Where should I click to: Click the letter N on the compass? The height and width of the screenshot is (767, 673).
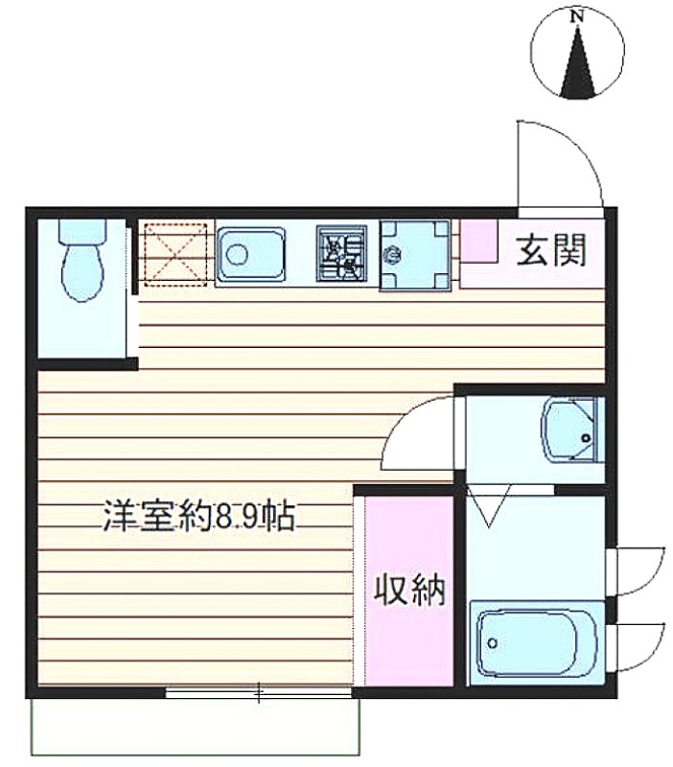(578, 16)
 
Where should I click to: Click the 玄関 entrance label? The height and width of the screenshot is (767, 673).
(551, 250)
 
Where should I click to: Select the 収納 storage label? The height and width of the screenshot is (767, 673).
(410, 590)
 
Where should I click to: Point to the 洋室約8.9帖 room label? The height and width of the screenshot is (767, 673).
(199, 517)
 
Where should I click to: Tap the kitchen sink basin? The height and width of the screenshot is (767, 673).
(250, 254)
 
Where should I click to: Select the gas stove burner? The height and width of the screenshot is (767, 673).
(341, 253)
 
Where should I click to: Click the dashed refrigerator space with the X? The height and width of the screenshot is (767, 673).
(175, 254)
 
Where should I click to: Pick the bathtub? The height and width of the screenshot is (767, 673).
(534, 642)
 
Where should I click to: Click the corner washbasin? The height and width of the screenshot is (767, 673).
(569, 430)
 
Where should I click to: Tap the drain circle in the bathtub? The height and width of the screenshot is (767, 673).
(493, 642)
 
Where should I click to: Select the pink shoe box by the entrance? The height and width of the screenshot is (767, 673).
(479, 241)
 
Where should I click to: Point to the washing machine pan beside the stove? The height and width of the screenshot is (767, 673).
(415, 256)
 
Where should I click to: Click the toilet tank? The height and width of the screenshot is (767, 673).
(82, 230)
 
